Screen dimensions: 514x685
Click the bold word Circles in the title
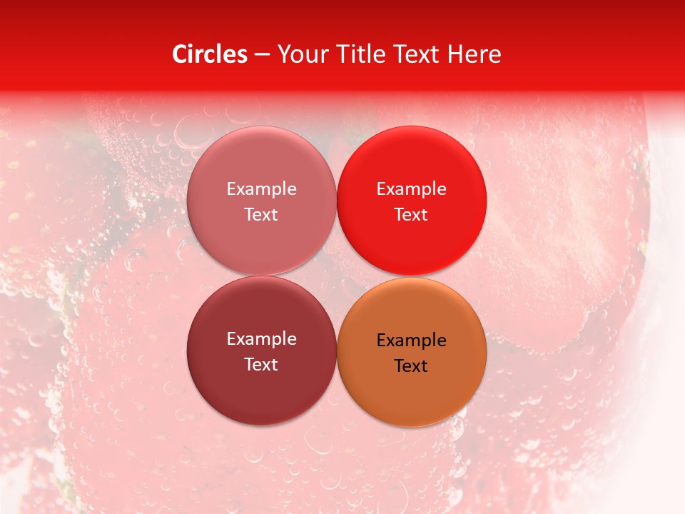click(x=209, y=54)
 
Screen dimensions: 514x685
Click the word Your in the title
click(x=303, y=54)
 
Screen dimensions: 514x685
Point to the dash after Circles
click(x=262, y=55)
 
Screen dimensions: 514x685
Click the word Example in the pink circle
click(x=261, y=188)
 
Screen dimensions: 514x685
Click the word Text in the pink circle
click(x=261, y=214)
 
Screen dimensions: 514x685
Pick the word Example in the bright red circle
click(x=411, y=188)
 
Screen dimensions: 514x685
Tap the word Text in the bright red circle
click(x=411, y=214)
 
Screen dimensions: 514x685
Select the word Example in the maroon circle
click(x=261, y=338)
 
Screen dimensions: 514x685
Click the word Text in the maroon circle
click(x=261, y=364)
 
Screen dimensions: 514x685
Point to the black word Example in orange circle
click(x=411, y=340)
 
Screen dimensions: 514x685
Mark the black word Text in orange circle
click(x=411, y=366)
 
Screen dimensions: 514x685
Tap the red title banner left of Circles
click(x=86, y=54)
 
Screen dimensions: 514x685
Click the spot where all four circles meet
click(x=336, y=276)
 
